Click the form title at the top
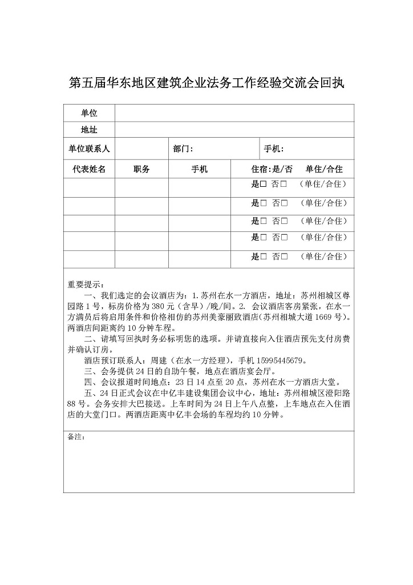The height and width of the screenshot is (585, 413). click(x=206, y=83)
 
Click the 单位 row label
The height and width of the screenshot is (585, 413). click(x=89, y=114)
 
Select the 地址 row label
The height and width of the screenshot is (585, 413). click(x=89, y=130)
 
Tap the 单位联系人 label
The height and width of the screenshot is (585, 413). click(x=89, y=149)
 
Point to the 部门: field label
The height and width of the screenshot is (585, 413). click(x=184, y=149)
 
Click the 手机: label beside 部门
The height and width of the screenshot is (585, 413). click(x=274, y=149)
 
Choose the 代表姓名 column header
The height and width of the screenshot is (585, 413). click(x=89, y=169)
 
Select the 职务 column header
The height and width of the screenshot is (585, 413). click(x=141, y=169)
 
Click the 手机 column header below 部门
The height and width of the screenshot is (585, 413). click(x=199, y=169)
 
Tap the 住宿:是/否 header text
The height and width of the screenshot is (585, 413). click(x=272, y=169)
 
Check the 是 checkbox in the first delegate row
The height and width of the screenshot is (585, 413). click(x=264, y=185)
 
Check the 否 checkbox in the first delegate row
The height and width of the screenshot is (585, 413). click(x=283, y=185)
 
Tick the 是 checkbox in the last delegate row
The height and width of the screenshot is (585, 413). click(x=264, y=257)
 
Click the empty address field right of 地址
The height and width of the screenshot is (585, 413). click(x=234, y=130)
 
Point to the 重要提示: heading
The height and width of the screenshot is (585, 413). click(x=86, y=285)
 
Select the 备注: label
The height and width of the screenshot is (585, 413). click(x=76, y=437)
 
